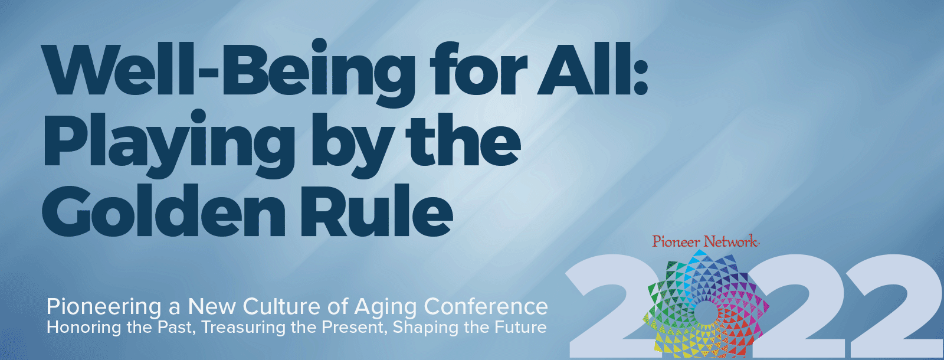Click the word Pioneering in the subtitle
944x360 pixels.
tap(104, 307)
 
